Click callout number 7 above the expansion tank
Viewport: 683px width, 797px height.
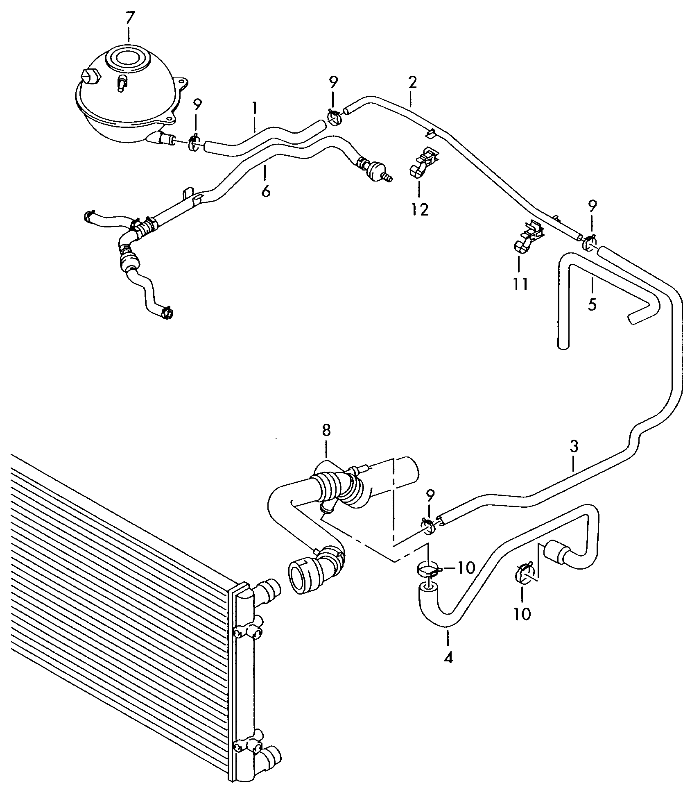(129, 18)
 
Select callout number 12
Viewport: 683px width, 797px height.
(420, 209)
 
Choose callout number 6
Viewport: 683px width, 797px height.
(265, 191)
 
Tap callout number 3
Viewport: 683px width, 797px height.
(574, 446)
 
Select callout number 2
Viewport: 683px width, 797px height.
(412, 82)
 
